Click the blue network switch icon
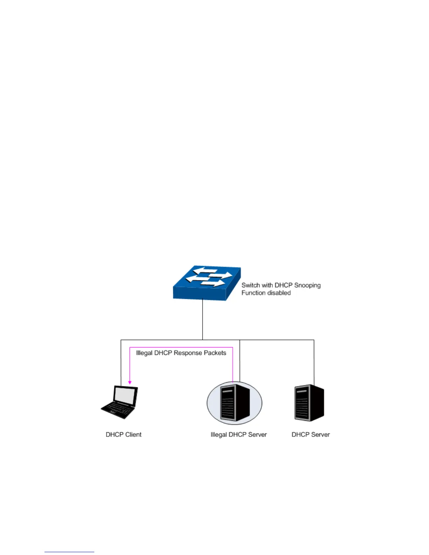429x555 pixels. point(207,283)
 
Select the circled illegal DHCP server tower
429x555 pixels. point(234,403)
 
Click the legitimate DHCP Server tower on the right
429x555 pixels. point(309,403)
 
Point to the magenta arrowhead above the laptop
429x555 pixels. point(130,382)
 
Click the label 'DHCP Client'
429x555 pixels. point(123,434)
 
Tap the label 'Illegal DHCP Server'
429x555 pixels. point(238,434)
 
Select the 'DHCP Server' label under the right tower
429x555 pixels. point(311,434)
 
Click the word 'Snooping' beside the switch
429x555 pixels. point(307,285)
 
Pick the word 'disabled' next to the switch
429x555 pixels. point(279,293)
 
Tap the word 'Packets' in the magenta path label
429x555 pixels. point(215,353)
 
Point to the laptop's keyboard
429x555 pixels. point(117,409)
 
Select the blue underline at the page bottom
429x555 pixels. point(69,552)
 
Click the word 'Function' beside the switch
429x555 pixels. point(253,293)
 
